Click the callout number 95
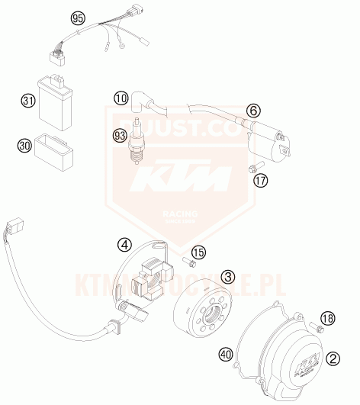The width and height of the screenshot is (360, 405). (77, 17)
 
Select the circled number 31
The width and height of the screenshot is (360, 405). (28, 100)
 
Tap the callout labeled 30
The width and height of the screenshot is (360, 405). (24, 143)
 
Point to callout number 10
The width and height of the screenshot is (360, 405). (121, 98)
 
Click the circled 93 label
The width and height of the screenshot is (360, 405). (120, 137)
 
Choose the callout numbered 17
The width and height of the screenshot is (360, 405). (261, 181)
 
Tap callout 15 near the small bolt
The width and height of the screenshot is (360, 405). (198, 252)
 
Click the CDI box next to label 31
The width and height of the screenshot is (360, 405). (56, 97)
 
